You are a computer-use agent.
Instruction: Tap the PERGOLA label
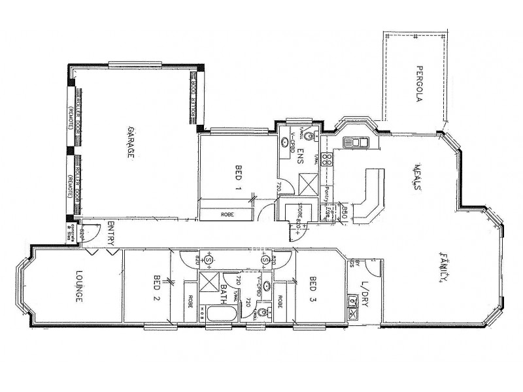[422, 85]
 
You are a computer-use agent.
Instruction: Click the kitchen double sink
[352, 142]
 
